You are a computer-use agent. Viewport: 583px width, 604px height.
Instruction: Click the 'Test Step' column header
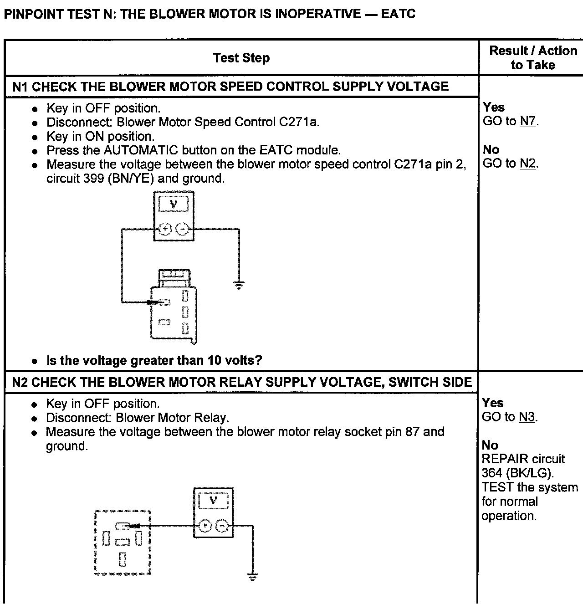241,58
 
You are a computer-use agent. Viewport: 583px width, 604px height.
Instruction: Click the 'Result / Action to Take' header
532,57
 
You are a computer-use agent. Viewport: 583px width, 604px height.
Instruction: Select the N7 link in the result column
528,121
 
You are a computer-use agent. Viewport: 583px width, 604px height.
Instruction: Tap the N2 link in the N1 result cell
527,164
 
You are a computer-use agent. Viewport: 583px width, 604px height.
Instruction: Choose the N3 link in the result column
527,417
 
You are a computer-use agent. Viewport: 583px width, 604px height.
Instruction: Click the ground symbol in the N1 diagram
239,286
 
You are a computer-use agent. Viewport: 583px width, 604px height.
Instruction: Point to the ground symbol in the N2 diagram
252,577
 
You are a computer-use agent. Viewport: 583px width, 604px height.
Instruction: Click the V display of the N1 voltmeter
174,204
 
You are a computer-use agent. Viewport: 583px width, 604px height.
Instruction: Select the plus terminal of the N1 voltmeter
164,228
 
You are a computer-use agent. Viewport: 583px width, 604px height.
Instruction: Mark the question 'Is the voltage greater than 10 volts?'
154,361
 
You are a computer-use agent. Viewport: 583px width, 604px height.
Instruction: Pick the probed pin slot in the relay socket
123,526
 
